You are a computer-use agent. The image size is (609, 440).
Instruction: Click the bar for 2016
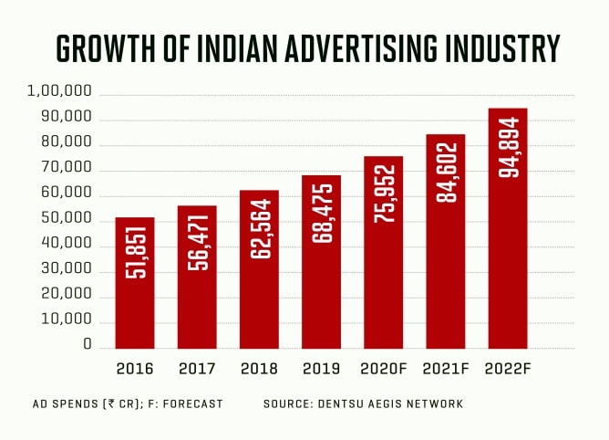pyautogui.click(x=135, y=283)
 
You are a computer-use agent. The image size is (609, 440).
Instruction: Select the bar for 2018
pyautogui.click(x=259, y=269)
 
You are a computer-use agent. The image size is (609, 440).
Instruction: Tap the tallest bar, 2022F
pyautogui.click(x=508, y=228)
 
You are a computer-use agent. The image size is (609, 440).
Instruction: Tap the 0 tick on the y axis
pyautogui.click(x=88, y=345)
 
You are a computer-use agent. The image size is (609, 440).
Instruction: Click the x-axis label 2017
pyautogui.click(x=197, y=370)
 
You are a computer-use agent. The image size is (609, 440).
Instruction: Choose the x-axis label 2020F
pyautogui.click(x=383, y=370)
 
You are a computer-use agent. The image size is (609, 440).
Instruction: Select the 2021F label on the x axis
pyautogui.click(x=445, y=370)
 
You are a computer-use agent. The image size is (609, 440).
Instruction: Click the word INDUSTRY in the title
pyautogui.click(x=508, y=47)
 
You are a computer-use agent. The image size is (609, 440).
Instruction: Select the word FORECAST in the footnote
pyautogui.click(x=193, y=403)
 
